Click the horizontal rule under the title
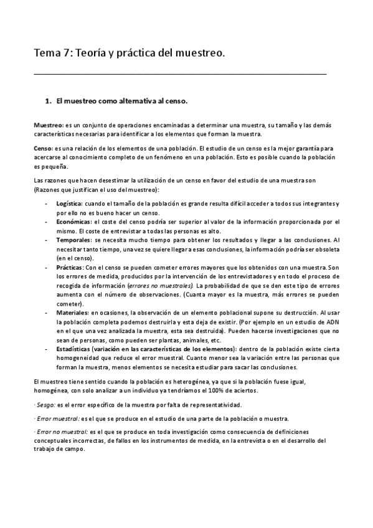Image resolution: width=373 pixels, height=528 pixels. click(x=180, y=73)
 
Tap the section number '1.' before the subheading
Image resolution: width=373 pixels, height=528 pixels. click(x=49, y=100)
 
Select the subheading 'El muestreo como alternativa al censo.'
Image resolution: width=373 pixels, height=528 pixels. click(x=121, y=100)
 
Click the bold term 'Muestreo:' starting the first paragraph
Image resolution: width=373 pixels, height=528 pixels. click(x=49, y=125)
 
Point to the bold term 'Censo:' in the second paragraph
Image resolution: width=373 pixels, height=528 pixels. click(x=44, y=149)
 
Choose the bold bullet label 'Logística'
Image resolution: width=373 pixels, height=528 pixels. click(x=68, y=204)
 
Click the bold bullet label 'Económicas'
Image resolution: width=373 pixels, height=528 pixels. click(x=72, y=221)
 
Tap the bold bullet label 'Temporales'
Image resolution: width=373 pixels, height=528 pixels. click(x=72, y=239)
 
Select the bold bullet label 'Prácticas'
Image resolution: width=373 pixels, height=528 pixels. click(x=70, y=266)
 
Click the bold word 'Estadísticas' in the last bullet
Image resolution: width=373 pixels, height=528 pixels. click(x=73, y=349)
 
